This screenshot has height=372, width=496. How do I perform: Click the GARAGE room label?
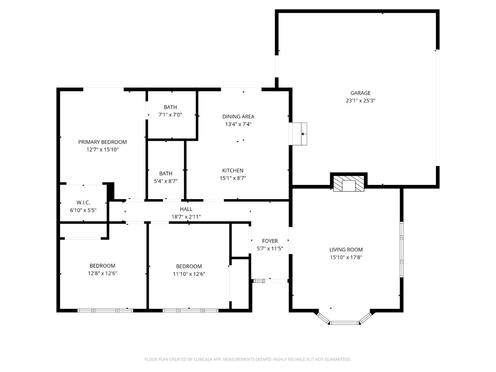pyautogui.click(x=360, y=93)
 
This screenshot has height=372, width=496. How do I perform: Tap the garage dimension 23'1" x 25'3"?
pyautogui.click(x=360, y=101)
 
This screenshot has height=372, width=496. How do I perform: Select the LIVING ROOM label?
pyautogui.click(x=346, y=250)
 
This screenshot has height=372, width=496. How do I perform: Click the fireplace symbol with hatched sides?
pyautogui.click(x=349, y=183)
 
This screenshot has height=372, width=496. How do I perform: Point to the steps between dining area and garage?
pyautogui.click(x=299, y=134)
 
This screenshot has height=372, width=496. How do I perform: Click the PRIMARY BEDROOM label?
pyautogui.click(x=102, y=142)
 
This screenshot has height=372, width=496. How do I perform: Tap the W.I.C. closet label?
pyautogui.click(x=83, y=203)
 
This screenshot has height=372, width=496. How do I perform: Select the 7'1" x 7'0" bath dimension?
pyautogui.click(x=170, y=115)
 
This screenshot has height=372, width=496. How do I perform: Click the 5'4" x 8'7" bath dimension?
pyautogui.click(x=166, y=181)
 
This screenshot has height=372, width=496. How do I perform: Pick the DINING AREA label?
pyautogui.click(x=238, y=116)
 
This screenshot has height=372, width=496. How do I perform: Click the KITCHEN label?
pyautogui.click(x=232, y=170)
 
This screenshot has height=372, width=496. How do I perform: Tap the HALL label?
pyautogui.click(x=186, y=209)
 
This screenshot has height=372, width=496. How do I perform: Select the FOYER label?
pyautogui.click(x=270, y=241)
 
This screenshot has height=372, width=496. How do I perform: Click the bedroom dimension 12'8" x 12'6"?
pyautogui.click(x=102, y=273)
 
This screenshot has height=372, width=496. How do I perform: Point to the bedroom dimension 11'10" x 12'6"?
pyautogui.click(x=189, y=274)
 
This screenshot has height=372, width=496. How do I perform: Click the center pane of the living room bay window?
pyautogui.click(x=344, y=323)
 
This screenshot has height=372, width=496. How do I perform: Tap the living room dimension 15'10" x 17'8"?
pyautogui.click(x=346, y=257)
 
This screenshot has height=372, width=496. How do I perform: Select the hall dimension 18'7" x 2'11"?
pyautogui.click(x=186, y=217)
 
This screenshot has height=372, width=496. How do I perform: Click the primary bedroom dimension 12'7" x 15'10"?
pyautogui.click(x=102, y=150)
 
